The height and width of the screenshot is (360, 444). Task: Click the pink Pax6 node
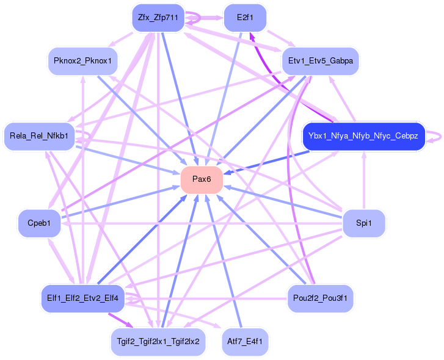point(201,179)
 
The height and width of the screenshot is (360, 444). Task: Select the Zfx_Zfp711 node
point(158,18)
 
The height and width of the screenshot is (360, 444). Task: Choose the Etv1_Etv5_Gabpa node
point(321,60)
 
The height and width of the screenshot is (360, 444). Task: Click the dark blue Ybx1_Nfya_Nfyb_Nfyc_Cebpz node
point(363,136)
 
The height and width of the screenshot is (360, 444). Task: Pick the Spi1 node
point(363,223)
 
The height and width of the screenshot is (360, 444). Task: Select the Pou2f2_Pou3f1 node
point(320,299)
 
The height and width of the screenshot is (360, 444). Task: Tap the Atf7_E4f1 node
point(244,341)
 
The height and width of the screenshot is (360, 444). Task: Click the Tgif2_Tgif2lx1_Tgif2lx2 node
point(158,341)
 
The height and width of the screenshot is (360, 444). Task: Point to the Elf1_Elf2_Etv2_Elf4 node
point(82,299)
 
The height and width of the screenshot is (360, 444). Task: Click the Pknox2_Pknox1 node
point(82,60)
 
